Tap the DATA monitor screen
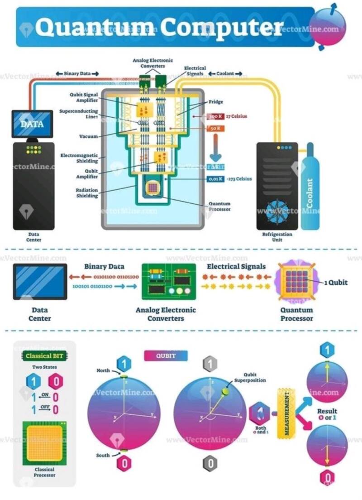32,124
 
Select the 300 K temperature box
215,116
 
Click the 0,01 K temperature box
215,179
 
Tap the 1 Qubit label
335,282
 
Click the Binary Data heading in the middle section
104,266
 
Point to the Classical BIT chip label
44,356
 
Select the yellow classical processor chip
44,444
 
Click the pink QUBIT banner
166,356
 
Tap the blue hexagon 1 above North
124,364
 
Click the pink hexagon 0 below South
124,463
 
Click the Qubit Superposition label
255,378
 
